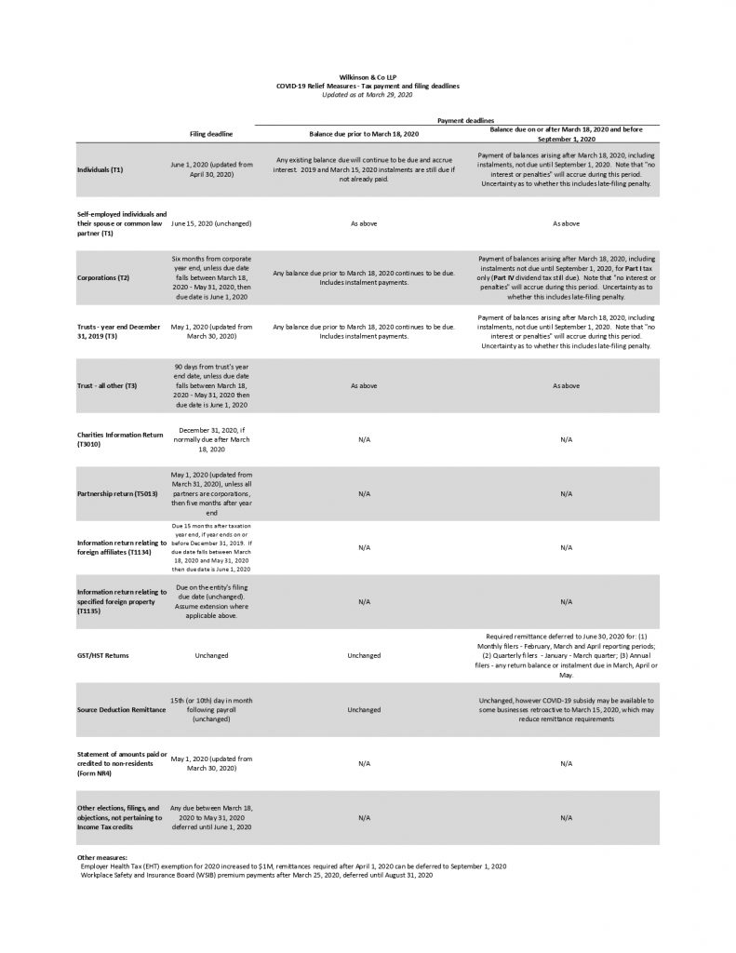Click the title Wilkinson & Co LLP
click(x=368, y=78)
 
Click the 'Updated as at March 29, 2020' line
click(x=368, y=94)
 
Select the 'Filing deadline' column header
click(x=211, y=133)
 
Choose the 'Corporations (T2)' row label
click(x=103, y=277)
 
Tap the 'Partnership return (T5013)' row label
click(x=120, y=493)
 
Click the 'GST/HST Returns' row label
click(x=103, y=655)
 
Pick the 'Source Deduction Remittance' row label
click(x=119, y=709)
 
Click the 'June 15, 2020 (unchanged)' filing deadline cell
click(x=211, y=223)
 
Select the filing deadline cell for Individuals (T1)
click(x=211, y=169)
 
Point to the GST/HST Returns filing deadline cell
click(x=211, y=655)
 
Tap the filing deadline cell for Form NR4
click(x=211, y=763)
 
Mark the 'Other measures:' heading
click(x=101, y=857)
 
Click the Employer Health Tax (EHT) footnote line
click(x=293, y=866)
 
